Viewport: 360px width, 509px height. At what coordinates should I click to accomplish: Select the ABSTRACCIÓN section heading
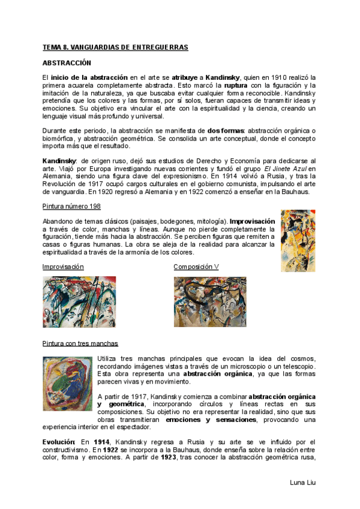point(66,62)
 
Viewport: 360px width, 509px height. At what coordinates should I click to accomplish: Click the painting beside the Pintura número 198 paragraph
point(298,240)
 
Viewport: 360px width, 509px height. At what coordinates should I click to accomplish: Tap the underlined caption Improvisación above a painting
point(63,267)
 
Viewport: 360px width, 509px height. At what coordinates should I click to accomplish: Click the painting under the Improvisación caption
point(80,301)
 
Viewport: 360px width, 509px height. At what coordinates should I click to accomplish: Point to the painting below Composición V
point(209,301)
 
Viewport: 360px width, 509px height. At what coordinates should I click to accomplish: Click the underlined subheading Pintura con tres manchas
point(80,344)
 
